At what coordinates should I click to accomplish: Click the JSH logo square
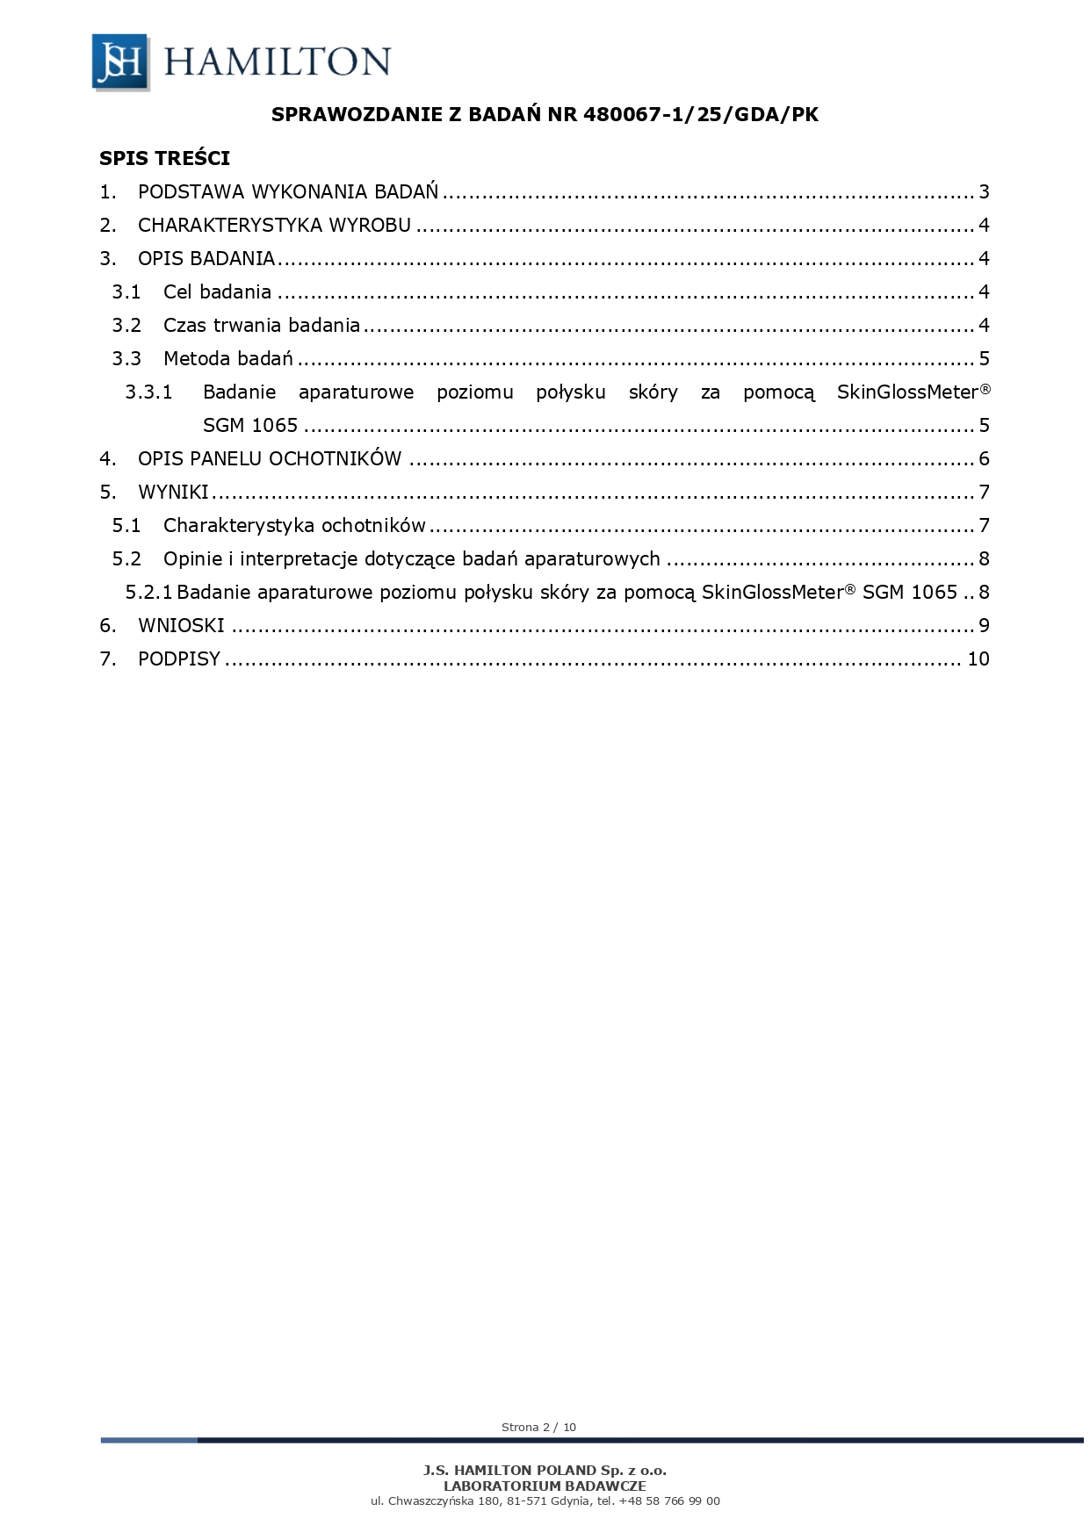(120, 61)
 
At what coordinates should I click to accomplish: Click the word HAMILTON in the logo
(278, 61)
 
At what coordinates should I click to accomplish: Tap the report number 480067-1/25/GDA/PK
(701, 114)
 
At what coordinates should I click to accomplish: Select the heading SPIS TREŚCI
(164, 158)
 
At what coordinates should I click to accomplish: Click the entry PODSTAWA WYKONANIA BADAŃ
(288, 192)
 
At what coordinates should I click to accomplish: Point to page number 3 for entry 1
(984, 192)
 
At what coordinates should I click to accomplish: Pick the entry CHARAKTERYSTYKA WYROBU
(274, 226)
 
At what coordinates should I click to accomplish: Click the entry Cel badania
(217, 292)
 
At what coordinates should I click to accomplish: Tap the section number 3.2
(126, 326)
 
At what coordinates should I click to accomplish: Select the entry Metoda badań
(227, 359)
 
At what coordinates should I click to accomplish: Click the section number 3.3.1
(148, 392)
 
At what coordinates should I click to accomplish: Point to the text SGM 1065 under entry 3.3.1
(250, 426)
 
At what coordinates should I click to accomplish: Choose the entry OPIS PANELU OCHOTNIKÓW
(270, 459)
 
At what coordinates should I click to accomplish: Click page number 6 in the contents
(984, 459)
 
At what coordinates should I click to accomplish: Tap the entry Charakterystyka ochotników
(294, 526)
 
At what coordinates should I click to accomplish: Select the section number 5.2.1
(148, 593)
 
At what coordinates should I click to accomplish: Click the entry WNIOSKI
(181, 626)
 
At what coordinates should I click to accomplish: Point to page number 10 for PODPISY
(978, 659)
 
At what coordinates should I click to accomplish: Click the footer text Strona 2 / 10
(538, 1427)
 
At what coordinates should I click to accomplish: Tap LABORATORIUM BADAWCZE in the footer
(545, 1486)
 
